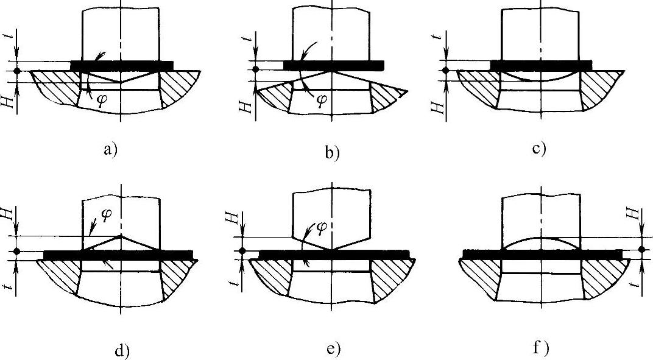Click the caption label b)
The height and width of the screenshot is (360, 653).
[x=332, y=152]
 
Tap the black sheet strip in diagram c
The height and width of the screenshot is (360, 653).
[x=540, y=65]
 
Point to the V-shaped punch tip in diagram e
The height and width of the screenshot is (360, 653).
[x=331, y=247]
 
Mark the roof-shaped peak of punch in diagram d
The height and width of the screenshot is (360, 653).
[x=122, y=235]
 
